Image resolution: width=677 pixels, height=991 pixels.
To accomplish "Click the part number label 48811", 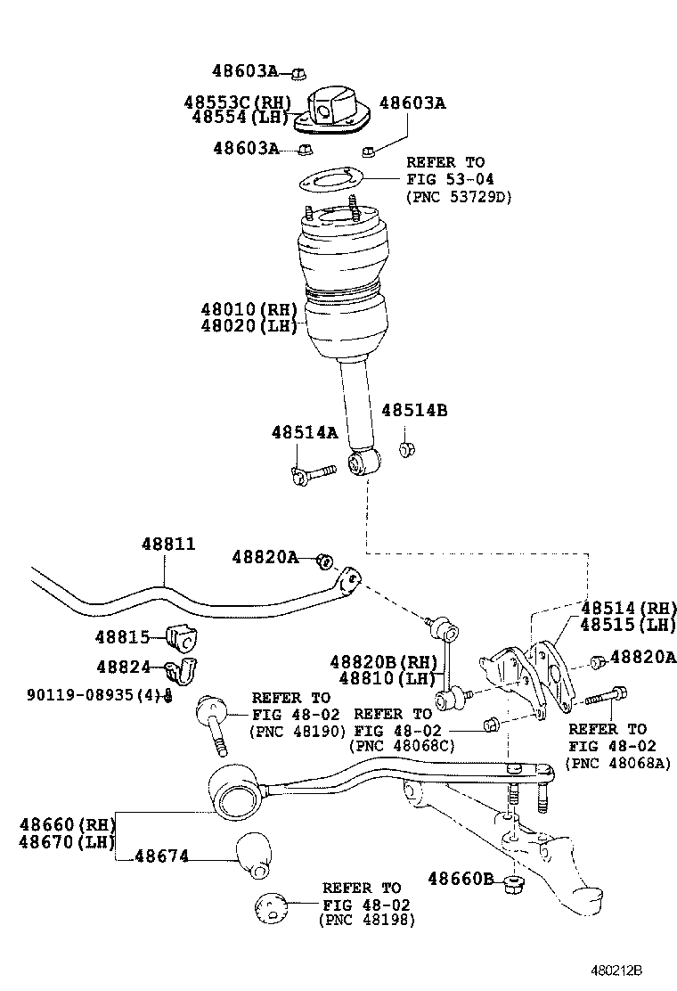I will coord(167,545).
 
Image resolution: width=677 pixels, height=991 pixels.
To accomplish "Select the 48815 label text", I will coord(124,637).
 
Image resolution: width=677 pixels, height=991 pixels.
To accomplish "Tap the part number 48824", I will coord(124,666).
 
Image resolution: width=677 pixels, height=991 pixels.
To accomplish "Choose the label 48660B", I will coord(460,879).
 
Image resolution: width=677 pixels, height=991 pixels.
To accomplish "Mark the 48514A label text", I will coord(305,432).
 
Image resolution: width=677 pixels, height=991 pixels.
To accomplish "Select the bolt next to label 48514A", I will coord(311,471).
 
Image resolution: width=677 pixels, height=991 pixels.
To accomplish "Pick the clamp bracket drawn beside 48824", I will coord(185,670).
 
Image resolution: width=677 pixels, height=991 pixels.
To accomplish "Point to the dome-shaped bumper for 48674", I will coord(254,853).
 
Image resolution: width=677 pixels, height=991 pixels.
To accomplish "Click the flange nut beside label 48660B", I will coord(513,884).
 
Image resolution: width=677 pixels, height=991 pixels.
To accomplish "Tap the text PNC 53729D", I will coord(459,197).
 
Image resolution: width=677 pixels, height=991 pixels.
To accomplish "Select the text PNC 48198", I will coord(366,921).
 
